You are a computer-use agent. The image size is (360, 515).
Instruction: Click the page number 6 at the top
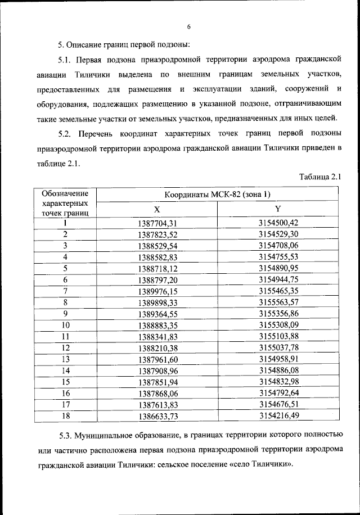coord(189,26)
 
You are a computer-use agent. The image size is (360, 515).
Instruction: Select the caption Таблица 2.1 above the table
coord(321,177)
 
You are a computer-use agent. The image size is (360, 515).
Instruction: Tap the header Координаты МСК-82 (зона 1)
coord(218,195)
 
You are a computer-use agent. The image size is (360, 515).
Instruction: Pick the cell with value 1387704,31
coord(157,223)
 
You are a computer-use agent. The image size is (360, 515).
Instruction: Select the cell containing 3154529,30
coord(278,234)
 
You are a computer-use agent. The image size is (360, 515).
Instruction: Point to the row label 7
coord(65,291)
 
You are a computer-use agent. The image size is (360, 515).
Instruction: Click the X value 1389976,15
coord(157,291)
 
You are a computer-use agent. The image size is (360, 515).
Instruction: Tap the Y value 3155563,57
coord(278,302)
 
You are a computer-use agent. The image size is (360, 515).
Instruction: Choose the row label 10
coord(65,325)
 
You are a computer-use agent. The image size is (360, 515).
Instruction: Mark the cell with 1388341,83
coord(157,336)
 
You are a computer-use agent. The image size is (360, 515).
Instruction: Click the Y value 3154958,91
coord(278,359)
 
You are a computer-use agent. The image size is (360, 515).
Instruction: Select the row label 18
coord(65,415)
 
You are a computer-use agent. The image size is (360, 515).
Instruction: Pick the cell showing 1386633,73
coord(157,415)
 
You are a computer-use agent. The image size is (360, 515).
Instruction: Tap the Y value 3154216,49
coord(278,415)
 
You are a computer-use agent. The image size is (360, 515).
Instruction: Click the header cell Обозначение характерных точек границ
coord(65,203)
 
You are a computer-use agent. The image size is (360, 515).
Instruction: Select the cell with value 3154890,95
coord(278,268)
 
